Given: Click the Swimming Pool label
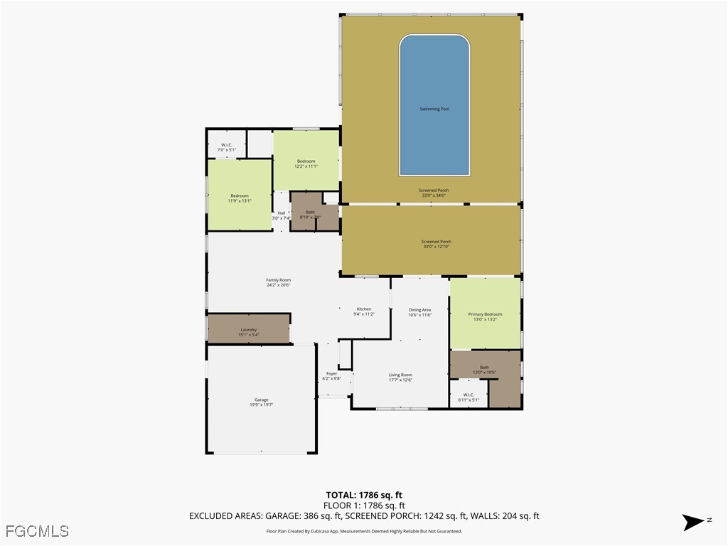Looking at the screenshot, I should tap(434, 109).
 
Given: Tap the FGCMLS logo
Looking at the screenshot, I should tap(37, 531).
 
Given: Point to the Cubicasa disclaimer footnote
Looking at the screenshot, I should tap(364, 531).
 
